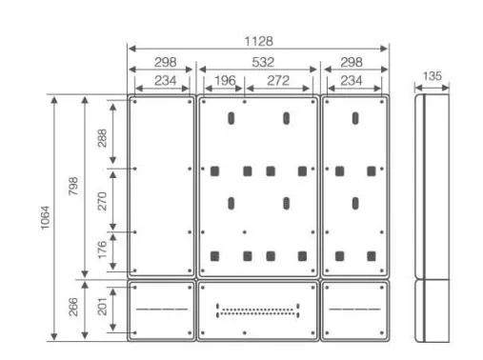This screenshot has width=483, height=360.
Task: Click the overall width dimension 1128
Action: (258, 41)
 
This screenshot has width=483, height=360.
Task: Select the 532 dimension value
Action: (263, 62)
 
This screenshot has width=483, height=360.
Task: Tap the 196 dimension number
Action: (225, 81)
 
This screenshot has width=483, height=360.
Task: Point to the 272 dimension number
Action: (278, 81)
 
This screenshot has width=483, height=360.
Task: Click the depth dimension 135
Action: (433, 76)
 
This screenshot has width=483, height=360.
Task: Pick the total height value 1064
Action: (45, 217)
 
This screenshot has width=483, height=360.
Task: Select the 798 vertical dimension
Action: (73, 186)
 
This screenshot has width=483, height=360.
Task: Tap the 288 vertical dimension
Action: (102, 138)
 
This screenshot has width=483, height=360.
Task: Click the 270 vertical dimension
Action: (102, 201)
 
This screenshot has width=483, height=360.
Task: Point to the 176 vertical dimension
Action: (102, 250)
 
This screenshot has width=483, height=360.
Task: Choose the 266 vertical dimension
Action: (73, 307)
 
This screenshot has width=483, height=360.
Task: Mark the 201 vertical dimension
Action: (102, 307)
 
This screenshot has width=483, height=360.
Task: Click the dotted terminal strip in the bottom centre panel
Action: (257, 310)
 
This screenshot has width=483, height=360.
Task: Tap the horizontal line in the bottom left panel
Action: (162, 309)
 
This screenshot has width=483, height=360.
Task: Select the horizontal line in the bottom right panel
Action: (354, 309)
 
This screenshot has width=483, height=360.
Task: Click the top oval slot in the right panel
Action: (355, 118)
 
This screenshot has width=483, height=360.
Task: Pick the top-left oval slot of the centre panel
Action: (231, 118)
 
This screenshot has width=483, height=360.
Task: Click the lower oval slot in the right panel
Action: (355, 203)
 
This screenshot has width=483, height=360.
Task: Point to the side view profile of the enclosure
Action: (433, 218)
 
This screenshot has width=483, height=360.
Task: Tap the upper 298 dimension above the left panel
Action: (165, 62)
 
